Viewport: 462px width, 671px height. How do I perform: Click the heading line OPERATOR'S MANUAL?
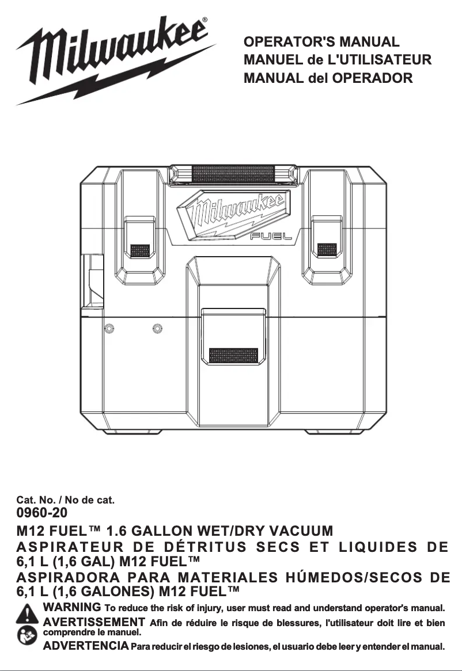321,42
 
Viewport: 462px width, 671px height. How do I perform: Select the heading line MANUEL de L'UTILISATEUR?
338,60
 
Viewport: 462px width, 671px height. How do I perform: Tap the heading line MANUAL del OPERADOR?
328,78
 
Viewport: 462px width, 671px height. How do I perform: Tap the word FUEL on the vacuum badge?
271,236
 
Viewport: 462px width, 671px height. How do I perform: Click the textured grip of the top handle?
234,173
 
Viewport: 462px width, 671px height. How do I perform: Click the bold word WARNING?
73,608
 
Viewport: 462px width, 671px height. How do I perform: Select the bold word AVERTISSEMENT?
94,622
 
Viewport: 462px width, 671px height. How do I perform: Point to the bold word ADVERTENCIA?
86,647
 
